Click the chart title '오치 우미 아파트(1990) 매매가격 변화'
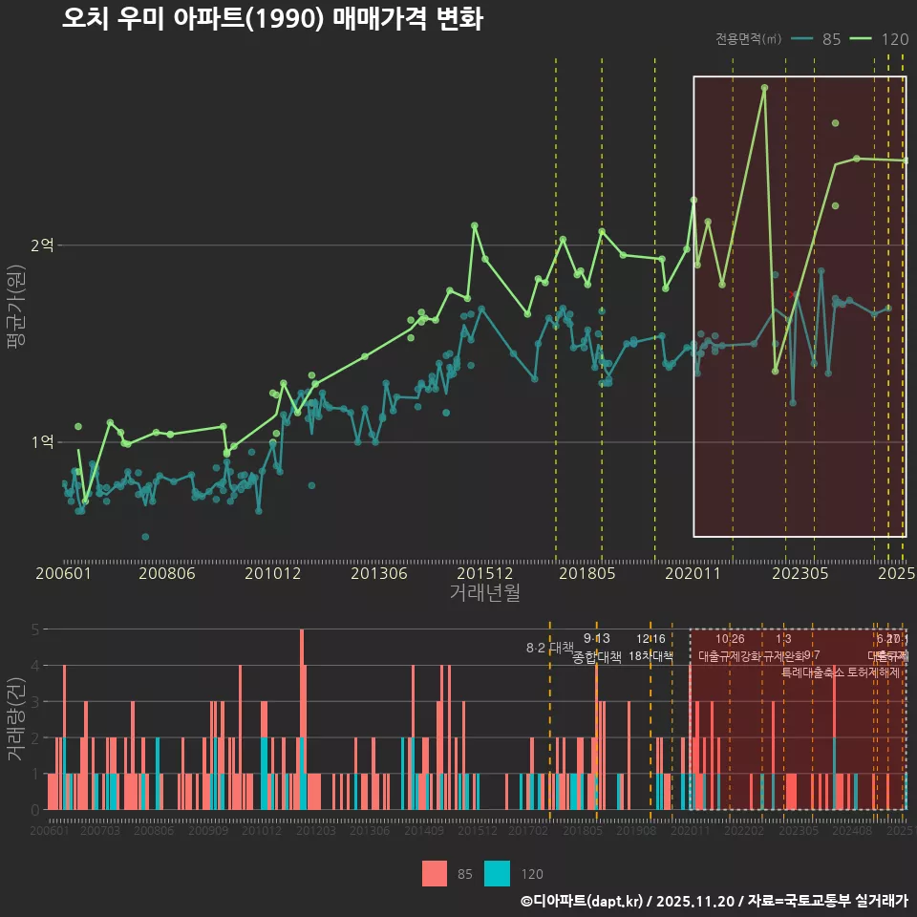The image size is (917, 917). tap(272, 19)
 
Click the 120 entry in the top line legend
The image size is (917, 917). tap(894, 39)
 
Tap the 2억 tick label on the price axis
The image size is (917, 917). tap(42, 245)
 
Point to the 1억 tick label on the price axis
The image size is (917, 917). tap(42, 442)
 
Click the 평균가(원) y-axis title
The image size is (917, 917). tap(15, 308)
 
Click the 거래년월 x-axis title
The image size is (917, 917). tap(484, 592)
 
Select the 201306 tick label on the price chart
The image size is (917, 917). tap(379, 573)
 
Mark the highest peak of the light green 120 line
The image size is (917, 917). tap(764, 88)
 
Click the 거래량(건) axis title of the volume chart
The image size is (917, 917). tap(15, 719)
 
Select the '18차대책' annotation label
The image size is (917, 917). tap(650, 656)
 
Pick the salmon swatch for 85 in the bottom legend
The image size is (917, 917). tap(435, 873)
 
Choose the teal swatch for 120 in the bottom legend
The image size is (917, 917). tap(498, 873)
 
